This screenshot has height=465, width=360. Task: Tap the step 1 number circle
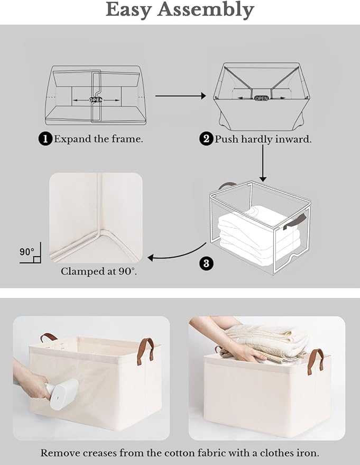[x=45, y=139]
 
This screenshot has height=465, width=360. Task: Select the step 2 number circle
[x=206, y=139]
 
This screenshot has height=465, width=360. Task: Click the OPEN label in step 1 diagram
[x=96, y=99]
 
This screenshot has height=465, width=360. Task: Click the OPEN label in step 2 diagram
[x=261, y=98]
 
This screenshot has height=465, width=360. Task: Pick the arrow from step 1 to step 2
[x=180, y=96]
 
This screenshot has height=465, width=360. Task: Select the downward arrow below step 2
[x=263, y=164]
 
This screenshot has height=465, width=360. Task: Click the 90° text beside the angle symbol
[x=27, y=251]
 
